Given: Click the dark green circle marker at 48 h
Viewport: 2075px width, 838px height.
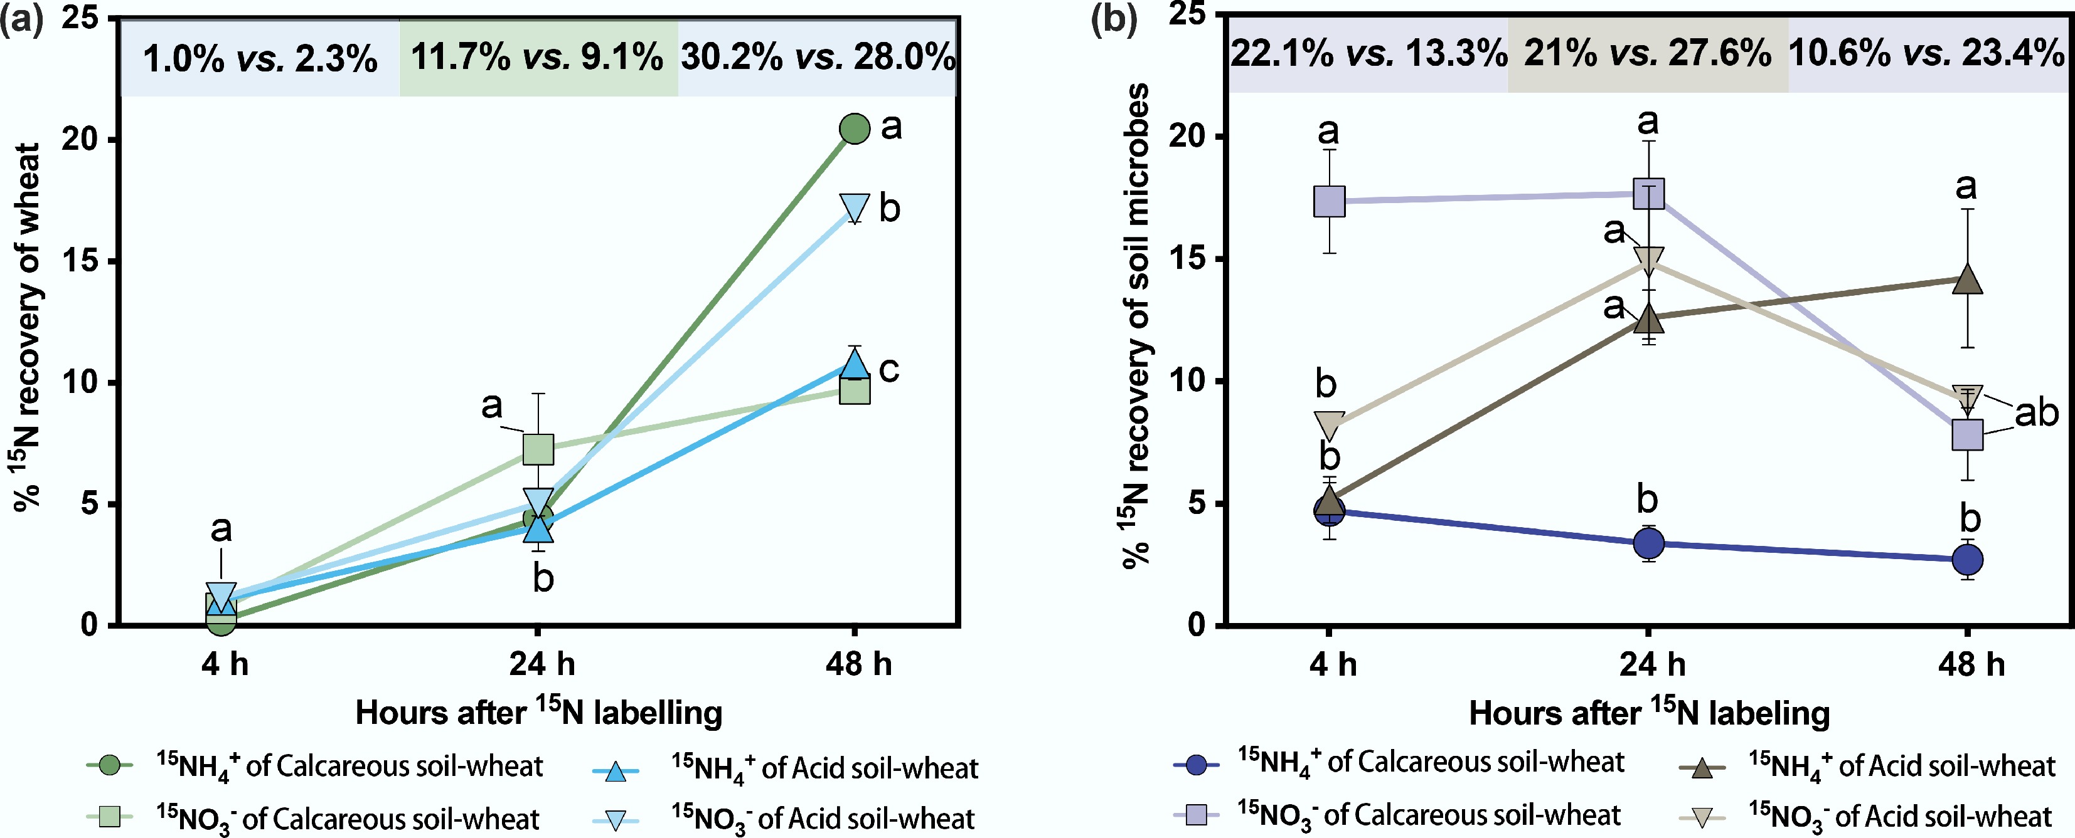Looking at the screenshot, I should pos(854,128).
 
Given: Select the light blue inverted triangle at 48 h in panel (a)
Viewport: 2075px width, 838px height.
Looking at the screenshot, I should pos(854,207).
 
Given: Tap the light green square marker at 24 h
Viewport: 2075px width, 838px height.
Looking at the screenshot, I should pos(538,449).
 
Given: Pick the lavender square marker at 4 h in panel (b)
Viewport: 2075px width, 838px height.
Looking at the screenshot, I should pos(1329,201).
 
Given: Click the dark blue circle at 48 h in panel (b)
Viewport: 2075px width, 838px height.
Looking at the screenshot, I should pos(1967,560).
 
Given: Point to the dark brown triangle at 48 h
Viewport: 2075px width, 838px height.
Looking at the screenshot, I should pos(1967,280).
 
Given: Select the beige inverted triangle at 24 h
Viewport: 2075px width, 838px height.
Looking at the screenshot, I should pos(1649,259).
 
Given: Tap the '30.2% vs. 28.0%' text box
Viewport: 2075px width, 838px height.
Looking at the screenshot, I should pos(818,56).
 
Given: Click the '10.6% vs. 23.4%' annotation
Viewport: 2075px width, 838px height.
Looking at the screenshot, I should pos(1926,54).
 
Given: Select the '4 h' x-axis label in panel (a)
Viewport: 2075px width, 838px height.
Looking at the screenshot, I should pos(225,664).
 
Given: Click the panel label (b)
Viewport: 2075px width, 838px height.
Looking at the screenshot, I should pos(1113,18).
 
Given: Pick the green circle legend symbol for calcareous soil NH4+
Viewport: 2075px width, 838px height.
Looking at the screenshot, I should pos(110,765).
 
